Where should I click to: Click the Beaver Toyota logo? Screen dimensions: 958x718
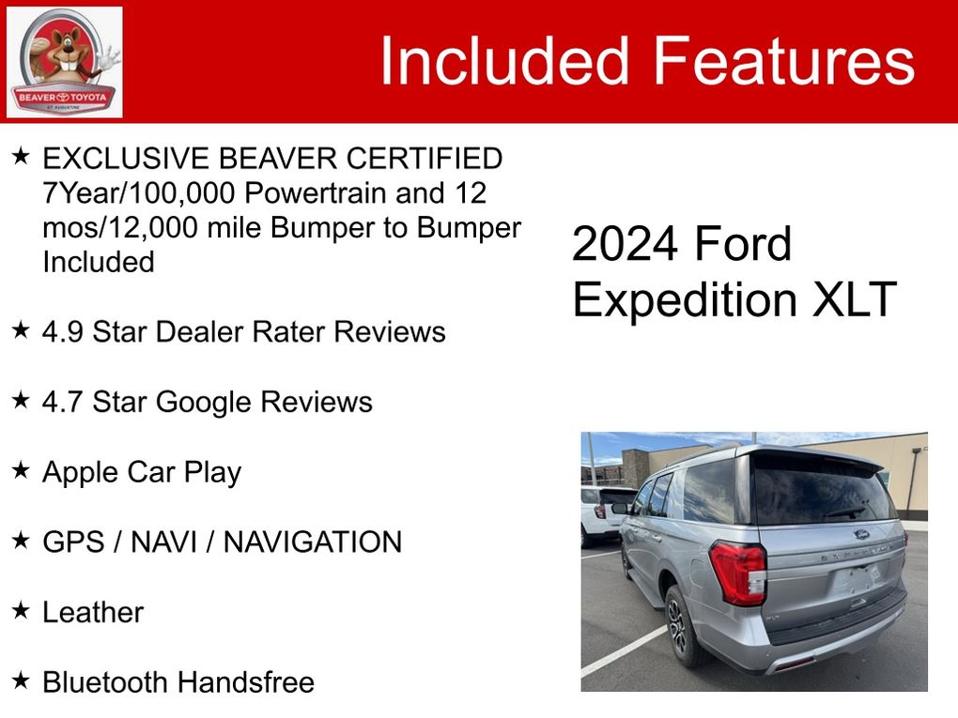[64, 62]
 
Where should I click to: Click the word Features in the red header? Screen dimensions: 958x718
[784, 60]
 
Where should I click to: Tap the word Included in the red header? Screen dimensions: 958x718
[504, 60]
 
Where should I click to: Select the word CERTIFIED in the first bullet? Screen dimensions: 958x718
[425, 159]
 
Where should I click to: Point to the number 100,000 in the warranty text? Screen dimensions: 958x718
[182, 193]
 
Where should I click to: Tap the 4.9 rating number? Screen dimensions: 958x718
[62, 332]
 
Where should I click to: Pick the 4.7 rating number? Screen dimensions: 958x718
[62, 403]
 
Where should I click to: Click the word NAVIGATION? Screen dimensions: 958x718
[313, 542]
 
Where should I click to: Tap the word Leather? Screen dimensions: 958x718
[93, 612]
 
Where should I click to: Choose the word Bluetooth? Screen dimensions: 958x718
[106, 682]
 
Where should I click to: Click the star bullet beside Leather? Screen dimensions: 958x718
[21, 609]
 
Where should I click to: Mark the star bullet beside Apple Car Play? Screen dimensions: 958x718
[21, 469]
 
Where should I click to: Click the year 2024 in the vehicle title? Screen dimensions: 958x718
[625, 244]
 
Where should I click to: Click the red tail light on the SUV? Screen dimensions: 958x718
[738, 573]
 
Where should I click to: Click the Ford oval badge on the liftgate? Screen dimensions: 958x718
[861, 534]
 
